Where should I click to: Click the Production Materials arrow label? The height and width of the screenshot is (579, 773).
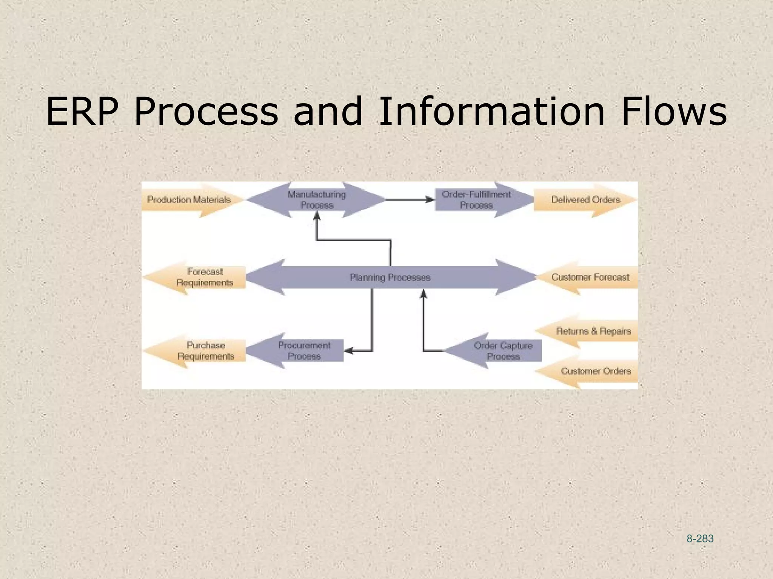pyautogui.click(x=189, y=200)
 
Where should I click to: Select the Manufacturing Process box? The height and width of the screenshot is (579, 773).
pyautogui.click(x=317, y=200)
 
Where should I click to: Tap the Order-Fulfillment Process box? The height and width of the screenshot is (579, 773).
pyautogui.click(x=476, y=200)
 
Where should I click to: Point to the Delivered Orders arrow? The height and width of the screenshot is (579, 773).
pyautogui.click(x=585, y=200)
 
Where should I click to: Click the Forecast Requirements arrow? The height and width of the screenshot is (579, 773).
pyautogui.click(x=205, y=277)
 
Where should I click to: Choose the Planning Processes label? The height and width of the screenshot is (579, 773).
pyautogui.click(x=390, y=277)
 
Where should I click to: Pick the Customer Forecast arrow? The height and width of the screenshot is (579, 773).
pyautogui.click(x=590, y=277)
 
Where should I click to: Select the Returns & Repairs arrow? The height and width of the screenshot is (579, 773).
pyautogui.click(x=593, y=331)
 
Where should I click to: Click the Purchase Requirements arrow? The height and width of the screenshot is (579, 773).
pyautogui.click(x=206, y=351)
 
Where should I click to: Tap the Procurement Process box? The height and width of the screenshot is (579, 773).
pyautogui.click(x=304, y=351)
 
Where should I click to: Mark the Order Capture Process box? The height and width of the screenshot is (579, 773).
pyautogui.click(x=503, y=351)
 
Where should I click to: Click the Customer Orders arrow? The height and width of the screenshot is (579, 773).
pyautogui.click(x=596, y=371)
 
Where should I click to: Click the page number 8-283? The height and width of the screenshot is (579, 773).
pyautogui.click(x=700, y=539)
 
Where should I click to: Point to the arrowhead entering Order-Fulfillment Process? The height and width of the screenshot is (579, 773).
pyautogui.click(x=430, y=200)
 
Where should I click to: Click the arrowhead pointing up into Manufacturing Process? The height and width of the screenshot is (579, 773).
pyautogui.click(x=317, y=216)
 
